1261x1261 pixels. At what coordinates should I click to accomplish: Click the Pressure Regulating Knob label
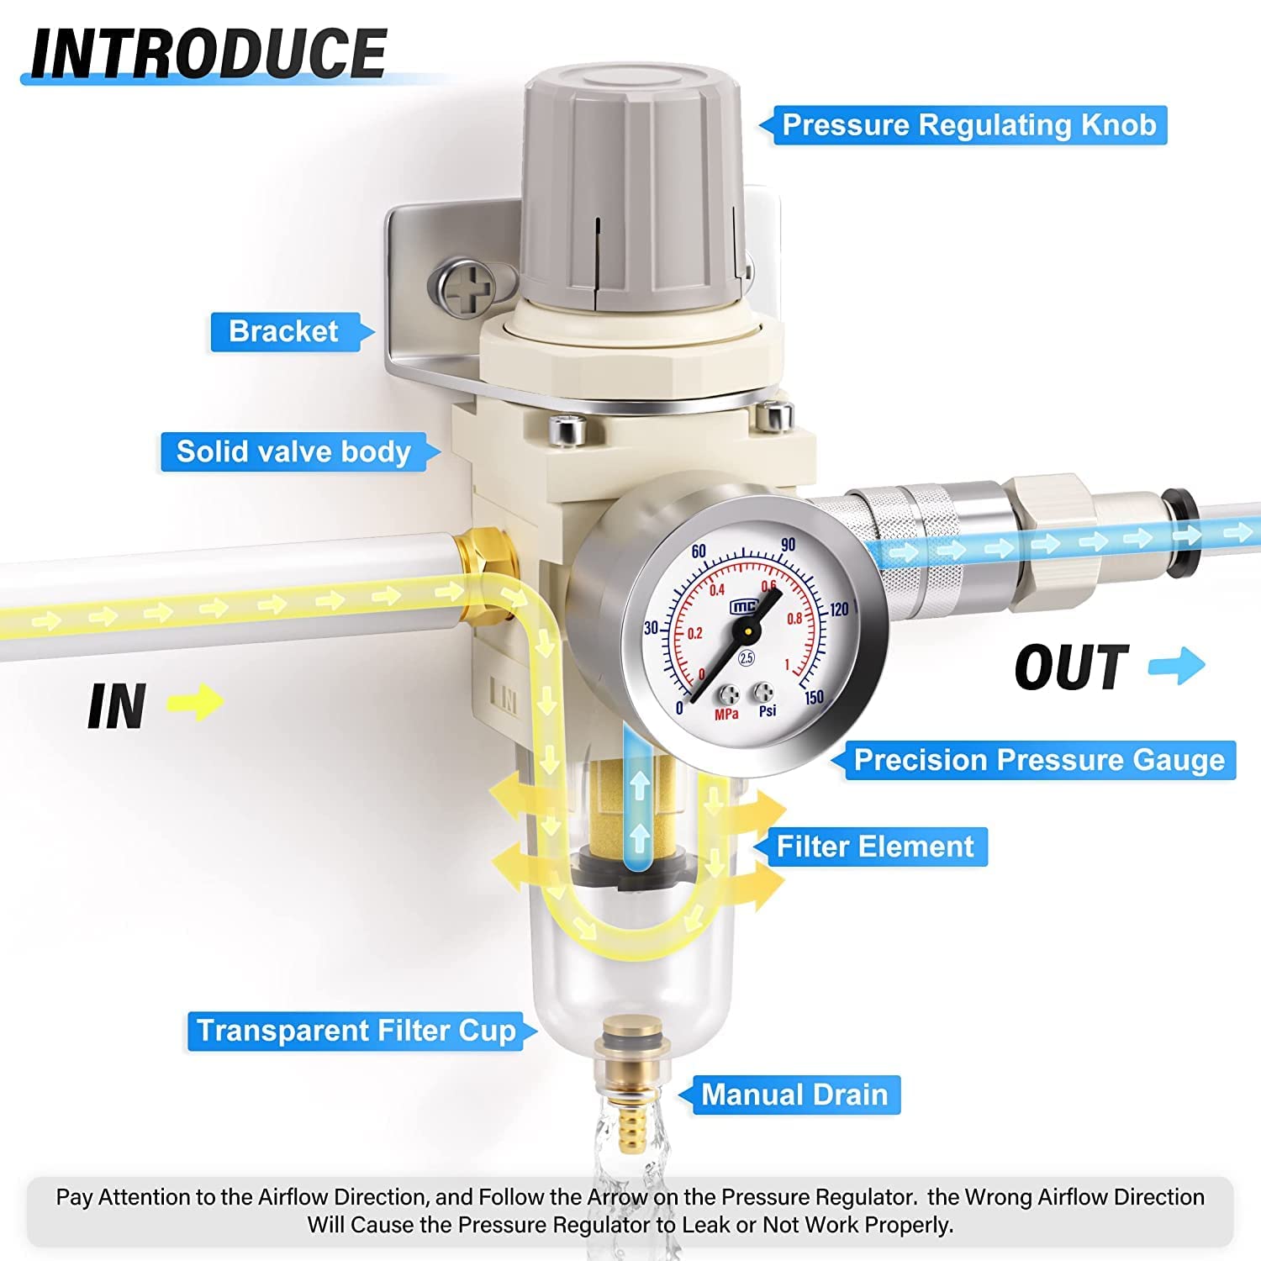(968, 125)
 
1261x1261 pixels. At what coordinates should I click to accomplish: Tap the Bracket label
(283, 331)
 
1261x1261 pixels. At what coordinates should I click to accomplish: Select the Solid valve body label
(293, 451)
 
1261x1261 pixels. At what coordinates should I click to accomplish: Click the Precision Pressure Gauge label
(1039, 760)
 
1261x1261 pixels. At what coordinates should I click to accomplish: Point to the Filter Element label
(874, 847)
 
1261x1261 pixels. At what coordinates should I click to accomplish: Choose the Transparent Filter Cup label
(356, 1031)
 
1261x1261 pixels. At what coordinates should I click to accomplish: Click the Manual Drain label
(794, 1095)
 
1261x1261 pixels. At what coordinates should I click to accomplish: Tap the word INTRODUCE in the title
(208, 53)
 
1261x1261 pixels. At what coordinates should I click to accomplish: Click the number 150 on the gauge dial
(813, 697)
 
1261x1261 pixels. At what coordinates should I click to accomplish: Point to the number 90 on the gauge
(788, 545)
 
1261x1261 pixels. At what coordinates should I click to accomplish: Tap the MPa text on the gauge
(726, 715)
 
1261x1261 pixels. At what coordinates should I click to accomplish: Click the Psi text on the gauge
(768, 712)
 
